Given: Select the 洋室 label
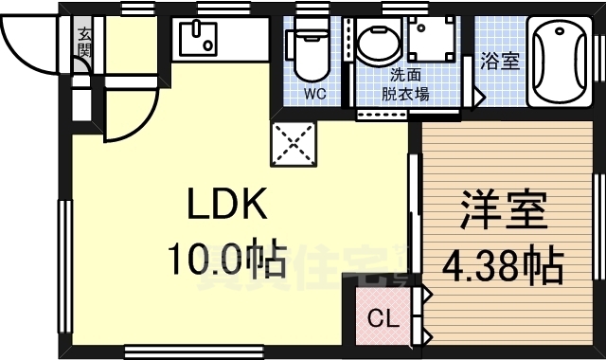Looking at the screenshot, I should pos(503,210).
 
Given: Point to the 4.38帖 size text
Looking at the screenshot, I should pos(503,266).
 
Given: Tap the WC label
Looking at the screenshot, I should pos(315,94).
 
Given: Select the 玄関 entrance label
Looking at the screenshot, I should pos(84,43).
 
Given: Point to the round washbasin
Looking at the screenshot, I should pos(377,44).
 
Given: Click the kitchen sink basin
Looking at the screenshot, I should pos(198,39).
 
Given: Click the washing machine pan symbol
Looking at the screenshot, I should pos(432,38).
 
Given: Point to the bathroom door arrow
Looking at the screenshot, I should pos(480,96).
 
